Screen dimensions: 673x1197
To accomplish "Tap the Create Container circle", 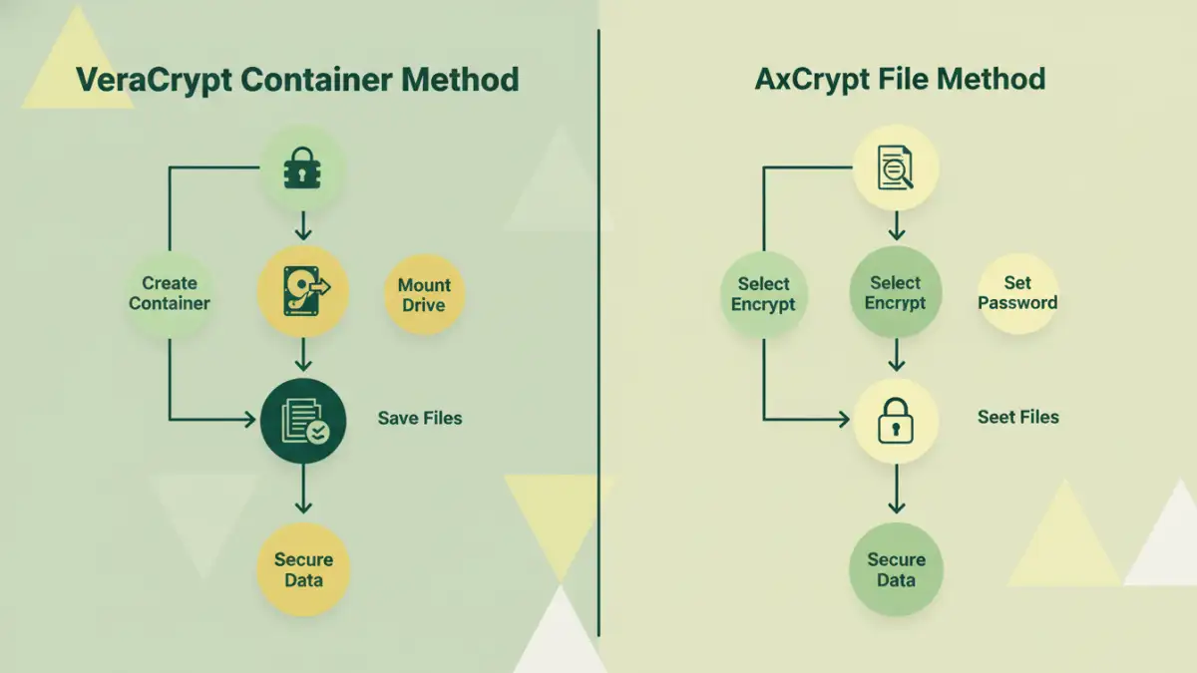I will [x=170, y=293].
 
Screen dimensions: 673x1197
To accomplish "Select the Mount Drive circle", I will [x=424, y=294].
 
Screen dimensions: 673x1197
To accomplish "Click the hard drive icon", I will [x=302, y=291].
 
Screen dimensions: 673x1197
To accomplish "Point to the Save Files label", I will [x=420, y=418].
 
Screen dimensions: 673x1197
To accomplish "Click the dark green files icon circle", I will [x=302, y=419].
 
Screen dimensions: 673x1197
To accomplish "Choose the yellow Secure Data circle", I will [x=303, y=569].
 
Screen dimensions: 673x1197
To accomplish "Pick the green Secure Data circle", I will [x=896, y=569].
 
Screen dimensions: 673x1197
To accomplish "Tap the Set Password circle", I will [x=1017, y=293].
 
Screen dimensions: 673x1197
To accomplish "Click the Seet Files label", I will [x=1017, y=417].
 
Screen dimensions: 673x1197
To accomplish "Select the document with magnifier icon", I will [x=896, y=168].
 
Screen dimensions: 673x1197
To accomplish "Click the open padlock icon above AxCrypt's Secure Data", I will [x=896, y=420].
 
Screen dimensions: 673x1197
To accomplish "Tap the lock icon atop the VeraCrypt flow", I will [x=302, y=168].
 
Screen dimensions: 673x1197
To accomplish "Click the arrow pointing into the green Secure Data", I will [x=896, y=493].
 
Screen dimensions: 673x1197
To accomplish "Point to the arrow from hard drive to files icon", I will [x=302, y=354].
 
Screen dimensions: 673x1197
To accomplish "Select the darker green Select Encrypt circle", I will [x=896, y=293].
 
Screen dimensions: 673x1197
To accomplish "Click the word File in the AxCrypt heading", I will [x=925, y=79].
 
